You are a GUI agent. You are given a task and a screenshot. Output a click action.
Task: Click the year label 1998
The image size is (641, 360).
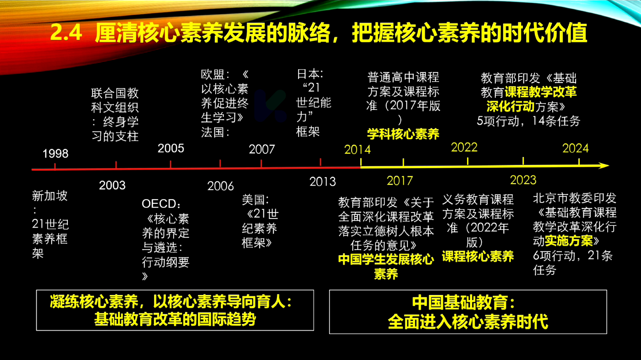click(x=55, y=154)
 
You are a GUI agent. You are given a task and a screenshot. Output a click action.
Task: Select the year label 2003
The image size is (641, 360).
click(x=113, y=185)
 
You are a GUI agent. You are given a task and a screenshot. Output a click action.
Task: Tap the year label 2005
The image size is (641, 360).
click(x=171, y=148)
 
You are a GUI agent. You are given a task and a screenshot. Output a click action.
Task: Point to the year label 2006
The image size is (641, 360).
click(x=221, y=186)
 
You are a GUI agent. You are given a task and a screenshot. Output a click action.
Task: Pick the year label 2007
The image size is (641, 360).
click(x=262, y=149)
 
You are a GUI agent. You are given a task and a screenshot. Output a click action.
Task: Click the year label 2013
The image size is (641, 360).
click(x=323, y=182)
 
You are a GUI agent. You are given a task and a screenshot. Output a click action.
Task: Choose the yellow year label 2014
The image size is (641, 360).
click(x=358, y=150)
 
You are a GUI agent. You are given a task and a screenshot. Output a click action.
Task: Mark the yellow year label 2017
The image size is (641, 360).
click(x=400, y=181)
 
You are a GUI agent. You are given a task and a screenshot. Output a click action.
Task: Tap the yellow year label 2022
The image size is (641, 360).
click(x=464, y=147)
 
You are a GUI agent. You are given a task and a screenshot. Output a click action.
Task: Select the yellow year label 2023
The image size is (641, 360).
click(x=523, y=180)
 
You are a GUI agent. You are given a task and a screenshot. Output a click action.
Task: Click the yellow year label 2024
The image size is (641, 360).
click(x=576, y=148)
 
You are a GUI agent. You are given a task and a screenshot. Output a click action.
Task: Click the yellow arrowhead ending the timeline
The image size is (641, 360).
click(x=604, y=166)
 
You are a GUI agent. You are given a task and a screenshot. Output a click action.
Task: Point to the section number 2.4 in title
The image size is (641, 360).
click(x=66, y=33)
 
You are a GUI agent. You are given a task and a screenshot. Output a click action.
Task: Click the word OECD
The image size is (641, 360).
click(x=159, y=204)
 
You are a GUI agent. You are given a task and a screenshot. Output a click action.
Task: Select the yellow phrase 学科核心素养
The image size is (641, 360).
click(x=403, y=134)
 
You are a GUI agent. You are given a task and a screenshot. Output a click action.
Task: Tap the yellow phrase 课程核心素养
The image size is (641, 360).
click(x=478, y=256)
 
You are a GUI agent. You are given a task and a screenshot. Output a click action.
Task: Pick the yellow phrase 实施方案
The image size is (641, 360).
click(x=569, y=241)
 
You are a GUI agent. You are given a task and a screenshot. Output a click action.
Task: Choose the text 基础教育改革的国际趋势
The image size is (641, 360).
click(x=175, y=319)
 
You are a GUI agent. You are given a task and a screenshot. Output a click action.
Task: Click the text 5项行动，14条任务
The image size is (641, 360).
click(x=528, y=121)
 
